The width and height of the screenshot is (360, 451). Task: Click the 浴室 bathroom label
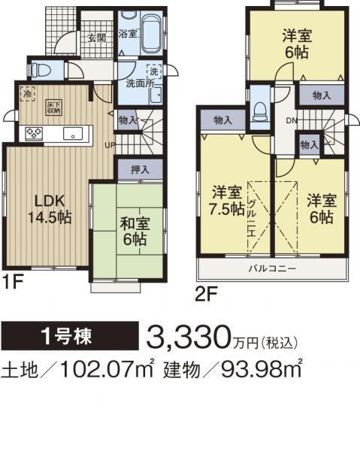(x=128, y=34)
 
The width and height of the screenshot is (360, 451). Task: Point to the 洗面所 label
(x=140, y=85)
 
